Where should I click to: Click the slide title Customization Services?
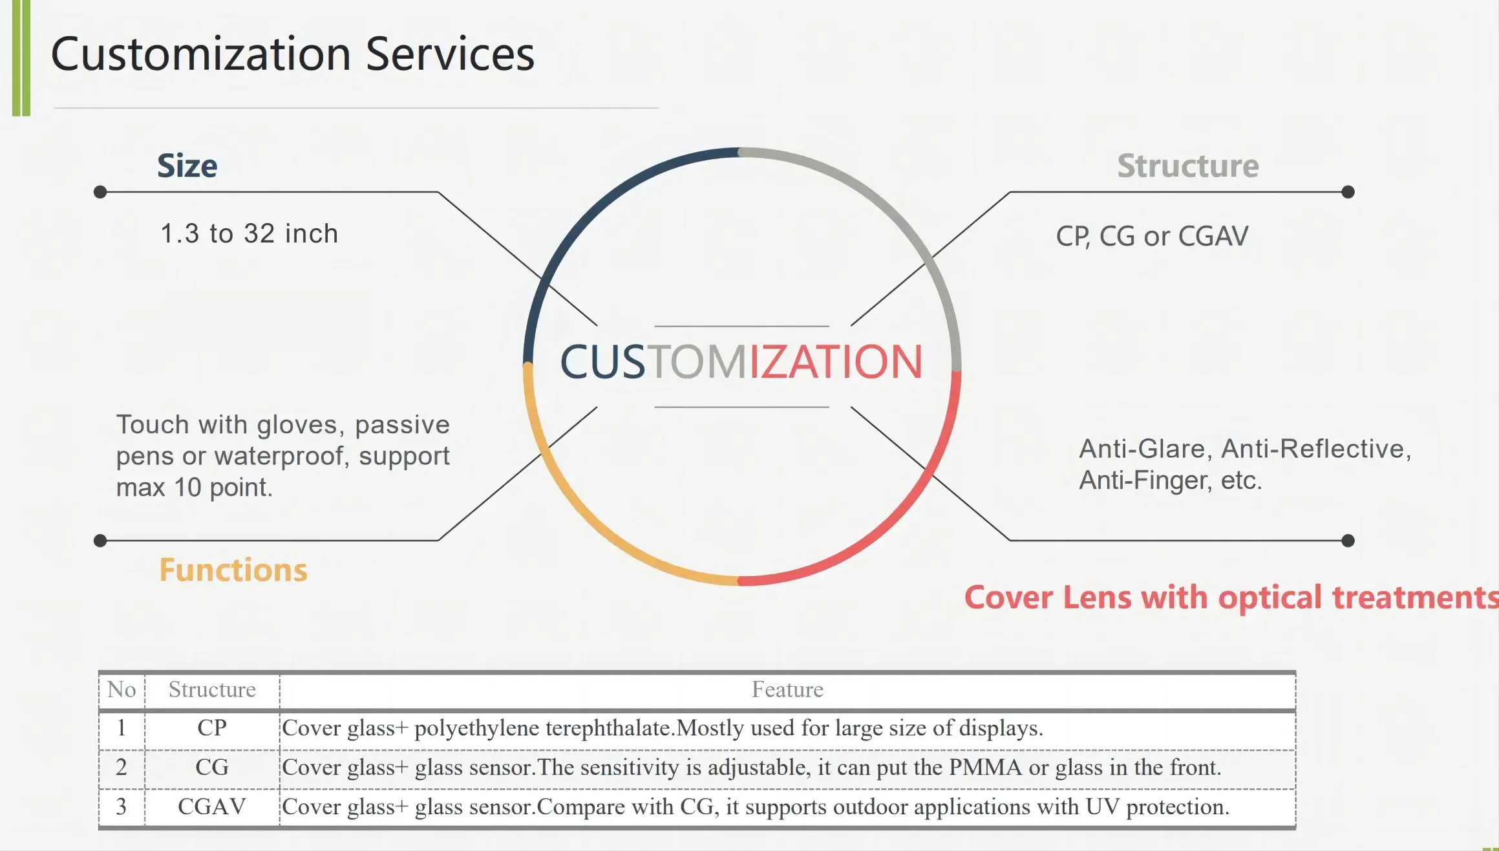(292, 54)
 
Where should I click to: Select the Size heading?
(187, 166)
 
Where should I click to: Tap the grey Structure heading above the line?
(1188, 166)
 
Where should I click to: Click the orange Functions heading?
(233, 570)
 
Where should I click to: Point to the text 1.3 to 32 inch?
(249, 233)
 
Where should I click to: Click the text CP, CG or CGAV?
(1152, 237)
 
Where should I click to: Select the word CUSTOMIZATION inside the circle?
(741, 362)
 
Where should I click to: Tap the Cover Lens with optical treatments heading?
(1231, 598)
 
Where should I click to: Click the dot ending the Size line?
(100, 192)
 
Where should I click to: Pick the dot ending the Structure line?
(1348, 192)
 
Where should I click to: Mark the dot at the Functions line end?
(100, 541)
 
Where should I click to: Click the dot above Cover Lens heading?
(1348, 541)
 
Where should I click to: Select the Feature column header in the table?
(787, 690)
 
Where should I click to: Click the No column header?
(122, 690)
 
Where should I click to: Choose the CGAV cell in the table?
(212, 807)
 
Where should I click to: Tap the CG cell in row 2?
(212, 768)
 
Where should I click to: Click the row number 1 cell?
(122, 728)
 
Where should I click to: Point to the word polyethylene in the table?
(476, 729)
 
